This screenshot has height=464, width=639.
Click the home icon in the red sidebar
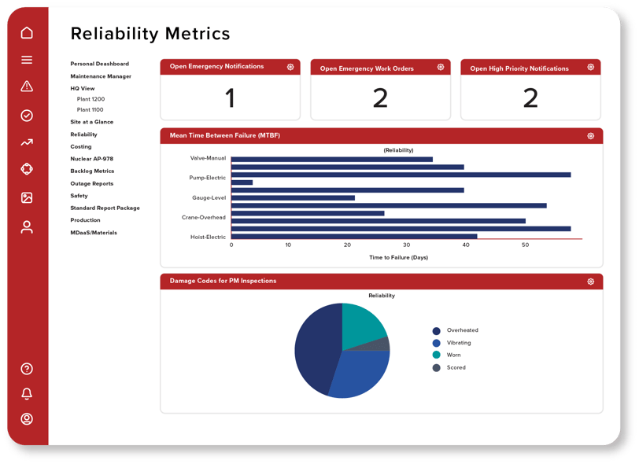tap(27, 33)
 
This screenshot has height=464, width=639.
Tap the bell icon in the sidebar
tap(27, 394)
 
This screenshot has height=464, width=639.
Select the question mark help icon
tap(27, 369)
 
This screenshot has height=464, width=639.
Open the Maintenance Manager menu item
tap(101, 76)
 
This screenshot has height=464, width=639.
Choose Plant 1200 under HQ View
tap(90, 99)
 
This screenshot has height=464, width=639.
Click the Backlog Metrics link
tap(92, 171)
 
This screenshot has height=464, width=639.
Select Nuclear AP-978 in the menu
tap(91, 159)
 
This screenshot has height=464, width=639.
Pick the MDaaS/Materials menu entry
tap(94, 233)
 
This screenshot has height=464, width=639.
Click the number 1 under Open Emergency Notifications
tap(230, 98)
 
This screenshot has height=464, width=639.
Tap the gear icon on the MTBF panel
tap(590, 136)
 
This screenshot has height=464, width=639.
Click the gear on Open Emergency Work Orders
tap(441, 68)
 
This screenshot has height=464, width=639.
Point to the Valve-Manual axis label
tap(208, 158)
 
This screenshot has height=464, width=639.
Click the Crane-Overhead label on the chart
tap(203, 217)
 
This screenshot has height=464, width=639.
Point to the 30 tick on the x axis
tap(406, 245)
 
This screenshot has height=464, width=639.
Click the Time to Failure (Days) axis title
tap(398, 257)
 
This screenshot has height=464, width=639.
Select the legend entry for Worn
tap(454, 355)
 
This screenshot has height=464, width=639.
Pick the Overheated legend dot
tap(436, 330)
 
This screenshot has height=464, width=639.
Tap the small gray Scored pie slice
tap(382, 344)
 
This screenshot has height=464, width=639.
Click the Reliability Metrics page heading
tap(150, 34)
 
